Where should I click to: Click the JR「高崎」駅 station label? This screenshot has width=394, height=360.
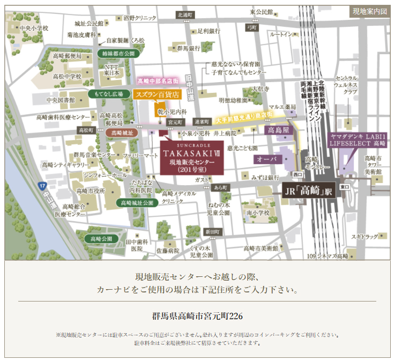point(308,189)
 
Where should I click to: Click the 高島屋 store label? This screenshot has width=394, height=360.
point(278,130)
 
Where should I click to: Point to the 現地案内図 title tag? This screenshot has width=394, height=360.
point(368,11)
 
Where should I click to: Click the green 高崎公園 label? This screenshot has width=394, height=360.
point(101,238)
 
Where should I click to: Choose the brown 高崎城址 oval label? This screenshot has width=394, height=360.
point(122,131)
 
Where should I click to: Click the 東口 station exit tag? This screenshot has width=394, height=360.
point(345,187)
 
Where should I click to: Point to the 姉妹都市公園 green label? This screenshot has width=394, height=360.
point(118,54)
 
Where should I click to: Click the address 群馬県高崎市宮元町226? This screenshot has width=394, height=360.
point(198,316)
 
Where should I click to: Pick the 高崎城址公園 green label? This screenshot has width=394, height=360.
point(136,203)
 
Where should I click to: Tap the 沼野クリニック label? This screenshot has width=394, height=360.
point(140,18)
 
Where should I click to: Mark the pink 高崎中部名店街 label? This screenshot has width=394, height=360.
point(157,81)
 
